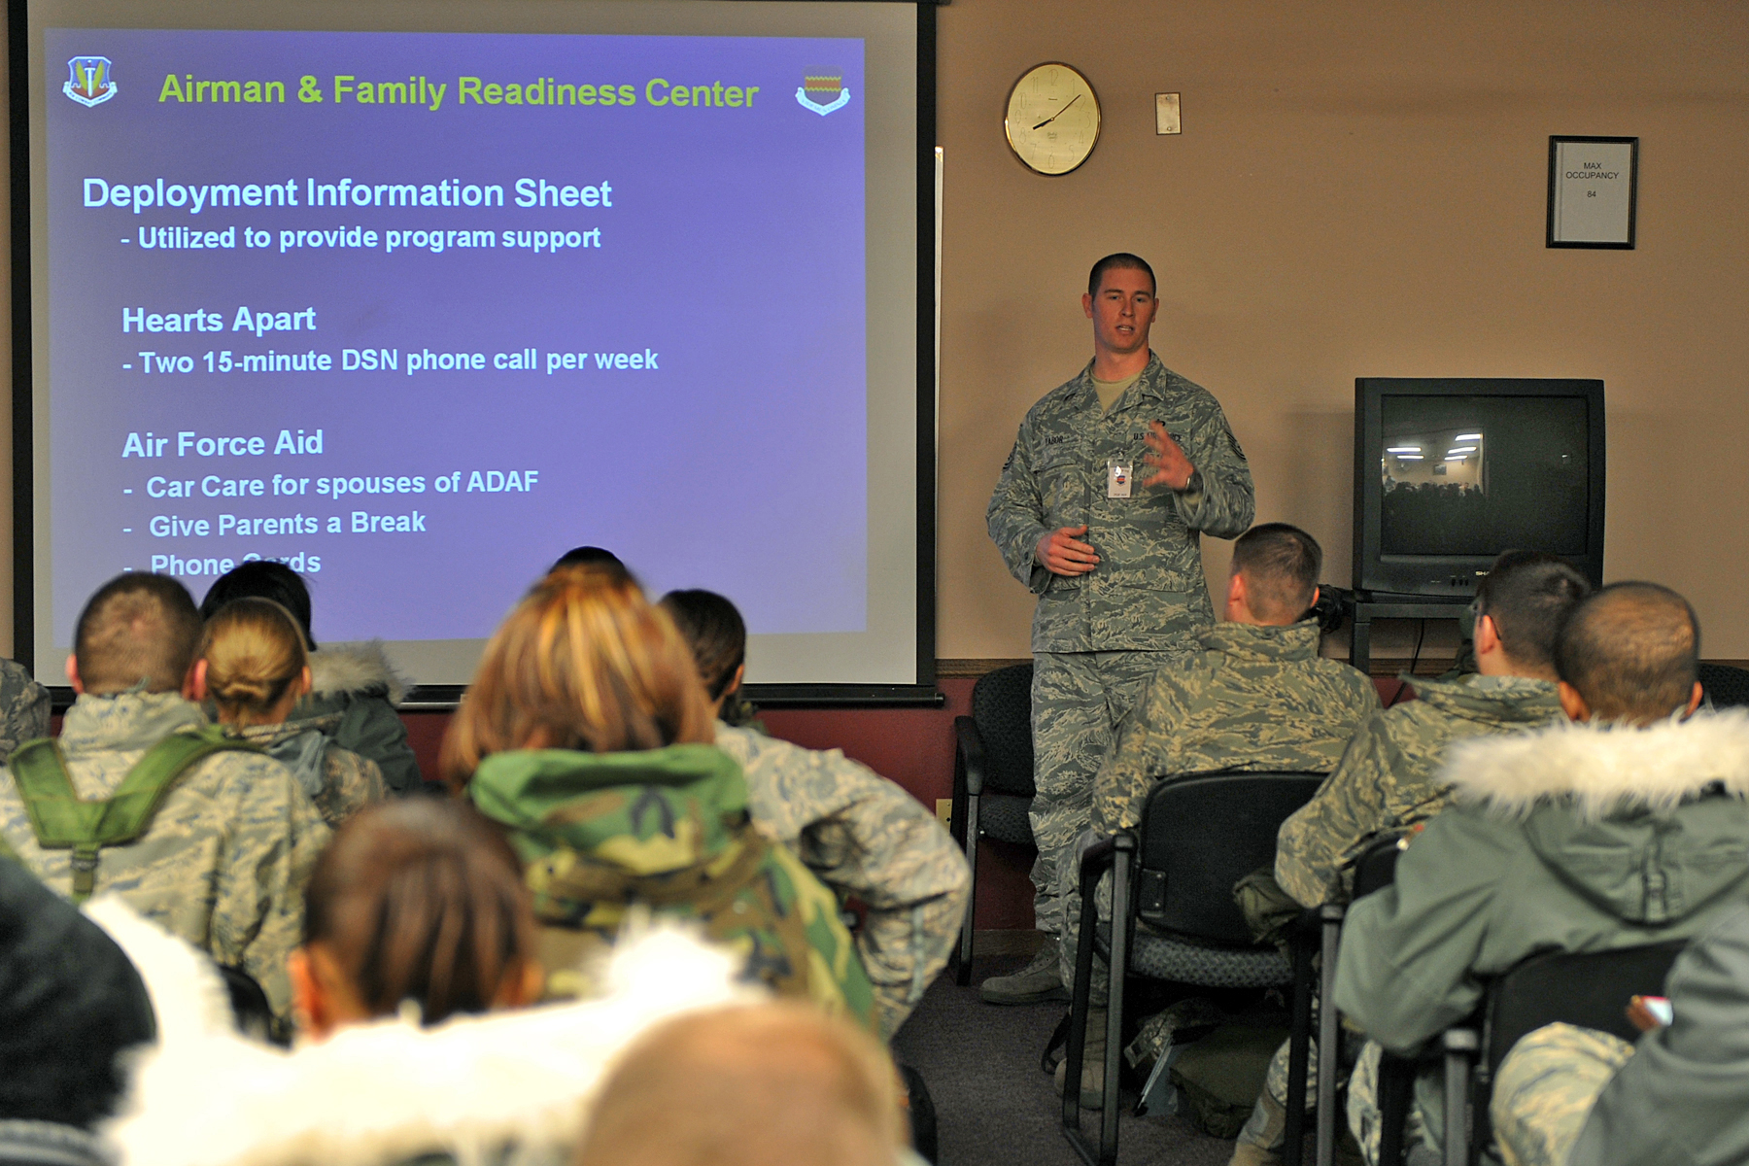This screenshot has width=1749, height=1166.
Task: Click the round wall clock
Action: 1051,119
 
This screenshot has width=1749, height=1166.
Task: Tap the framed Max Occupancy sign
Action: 1592,191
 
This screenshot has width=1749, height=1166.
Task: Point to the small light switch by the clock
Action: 1168,113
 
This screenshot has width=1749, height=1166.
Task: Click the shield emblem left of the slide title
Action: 89,82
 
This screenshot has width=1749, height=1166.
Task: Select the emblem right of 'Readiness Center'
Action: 822,91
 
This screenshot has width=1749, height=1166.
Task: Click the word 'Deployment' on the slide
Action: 189,193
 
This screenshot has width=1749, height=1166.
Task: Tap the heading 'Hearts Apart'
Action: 219,320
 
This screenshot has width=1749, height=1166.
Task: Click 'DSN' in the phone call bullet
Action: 369,360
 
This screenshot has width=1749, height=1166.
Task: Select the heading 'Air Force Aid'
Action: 223,444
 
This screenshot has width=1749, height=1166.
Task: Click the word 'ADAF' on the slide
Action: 502,482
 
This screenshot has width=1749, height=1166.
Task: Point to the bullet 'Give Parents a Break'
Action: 287,524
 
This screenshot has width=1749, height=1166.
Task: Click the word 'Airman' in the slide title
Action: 222,89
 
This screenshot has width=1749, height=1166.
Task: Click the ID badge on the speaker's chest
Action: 1119,479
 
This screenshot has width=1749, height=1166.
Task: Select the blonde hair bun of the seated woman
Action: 251,670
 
